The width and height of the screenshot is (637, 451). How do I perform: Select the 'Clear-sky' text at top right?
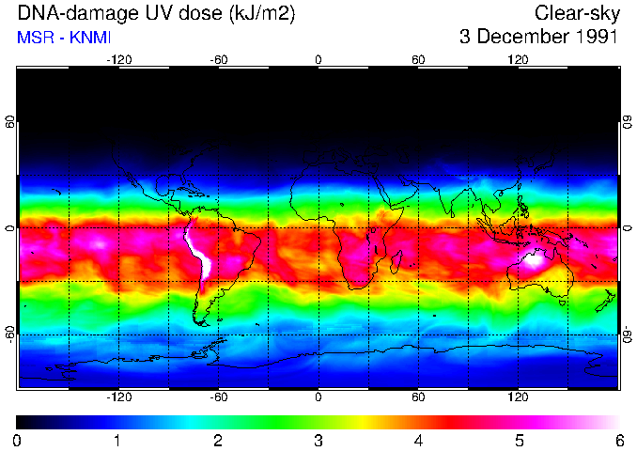tap(575, 13)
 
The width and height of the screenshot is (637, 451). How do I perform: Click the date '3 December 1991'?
tap(537, 38)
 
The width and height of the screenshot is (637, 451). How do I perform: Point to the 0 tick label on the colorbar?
tap(18, 440)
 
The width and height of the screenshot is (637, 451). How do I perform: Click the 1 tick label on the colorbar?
tap(117, 440)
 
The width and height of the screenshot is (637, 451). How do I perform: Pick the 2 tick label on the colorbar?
tap(218, 440)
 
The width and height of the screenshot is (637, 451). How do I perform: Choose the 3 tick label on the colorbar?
tap(318, 440)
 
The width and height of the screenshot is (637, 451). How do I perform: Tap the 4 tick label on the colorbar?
tap(418, 440)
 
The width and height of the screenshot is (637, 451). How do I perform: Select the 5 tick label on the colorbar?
tap(519, 440)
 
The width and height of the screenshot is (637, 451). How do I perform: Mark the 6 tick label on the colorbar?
tap(618, 440)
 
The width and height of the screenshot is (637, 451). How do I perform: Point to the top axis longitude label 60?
tap(418, 60)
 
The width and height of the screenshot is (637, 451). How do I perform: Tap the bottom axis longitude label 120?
tap(519, 397)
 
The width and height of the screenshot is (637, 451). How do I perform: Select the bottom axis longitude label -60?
tap(219, 397)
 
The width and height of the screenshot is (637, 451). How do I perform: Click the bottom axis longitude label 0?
tap(318, 397)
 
